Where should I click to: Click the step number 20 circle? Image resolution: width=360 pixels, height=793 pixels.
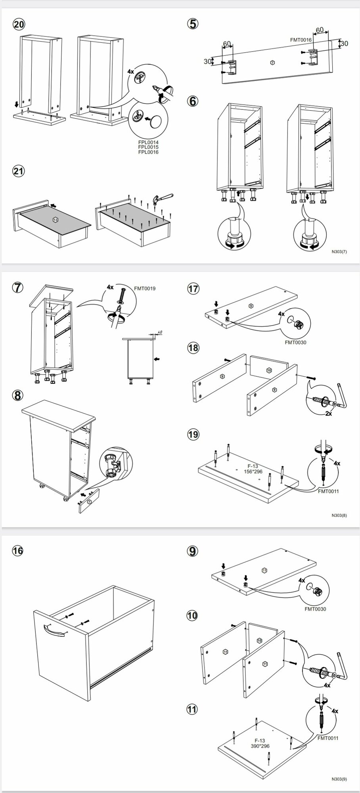point(19,24)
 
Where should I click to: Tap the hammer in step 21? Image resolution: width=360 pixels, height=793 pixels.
point(163,199)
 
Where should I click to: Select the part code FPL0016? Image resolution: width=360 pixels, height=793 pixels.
point(148,152)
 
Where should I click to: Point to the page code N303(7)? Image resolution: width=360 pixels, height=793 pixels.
point(339,251)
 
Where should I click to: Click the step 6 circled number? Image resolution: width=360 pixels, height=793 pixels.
point(193,101)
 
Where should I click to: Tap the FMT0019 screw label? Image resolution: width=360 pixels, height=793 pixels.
point(145,288)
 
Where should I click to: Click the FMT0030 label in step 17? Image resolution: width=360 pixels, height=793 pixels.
point(295,343)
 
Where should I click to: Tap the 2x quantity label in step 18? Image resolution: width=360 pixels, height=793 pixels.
point(328,414)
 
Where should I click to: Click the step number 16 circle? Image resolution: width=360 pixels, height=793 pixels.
point(18,551)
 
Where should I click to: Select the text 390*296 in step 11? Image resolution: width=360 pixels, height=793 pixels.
point(260,746)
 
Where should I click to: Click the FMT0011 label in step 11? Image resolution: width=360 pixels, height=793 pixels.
point(327,738)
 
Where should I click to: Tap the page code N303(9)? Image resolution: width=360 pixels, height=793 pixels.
point(339,779)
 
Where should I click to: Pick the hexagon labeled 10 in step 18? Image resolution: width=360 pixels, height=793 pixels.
point(269,370)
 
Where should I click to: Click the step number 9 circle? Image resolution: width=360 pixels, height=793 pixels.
point(192,551)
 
